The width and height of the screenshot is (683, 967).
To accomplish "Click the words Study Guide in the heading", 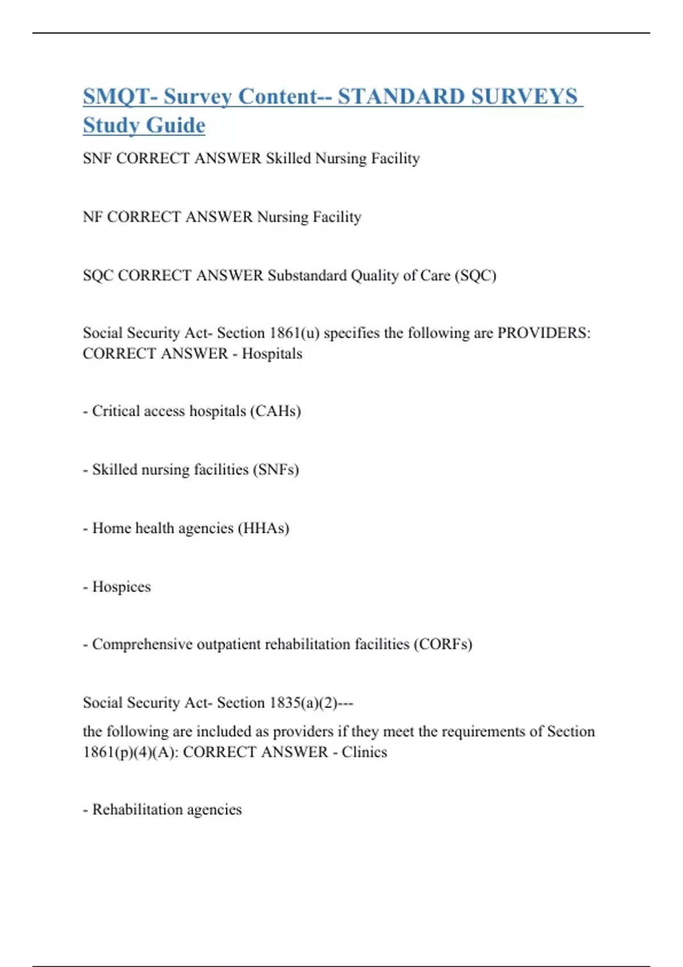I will [x=144, y=126].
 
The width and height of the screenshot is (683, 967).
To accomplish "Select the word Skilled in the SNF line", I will [x=289, y=158].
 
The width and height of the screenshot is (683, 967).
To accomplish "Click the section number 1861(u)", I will [x=294, y=333].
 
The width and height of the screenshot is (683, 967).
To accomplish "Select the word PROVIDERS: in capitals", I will [x=544, y=333].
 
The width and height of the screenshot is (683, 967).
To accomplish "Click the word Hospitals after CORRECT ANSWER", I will [x=272, y=354].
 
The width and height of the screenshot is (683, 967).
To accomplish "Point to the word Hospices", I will [x=121, y=586].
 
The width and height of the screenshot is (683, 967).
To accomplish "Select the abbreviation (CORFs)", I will [x=443, y=644].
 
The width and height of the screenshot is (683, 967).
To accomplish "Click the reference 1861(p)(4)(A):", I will [x=130, y=752].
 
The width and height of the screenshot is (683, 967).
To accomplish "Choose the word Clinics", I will [x=364, y=752].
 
